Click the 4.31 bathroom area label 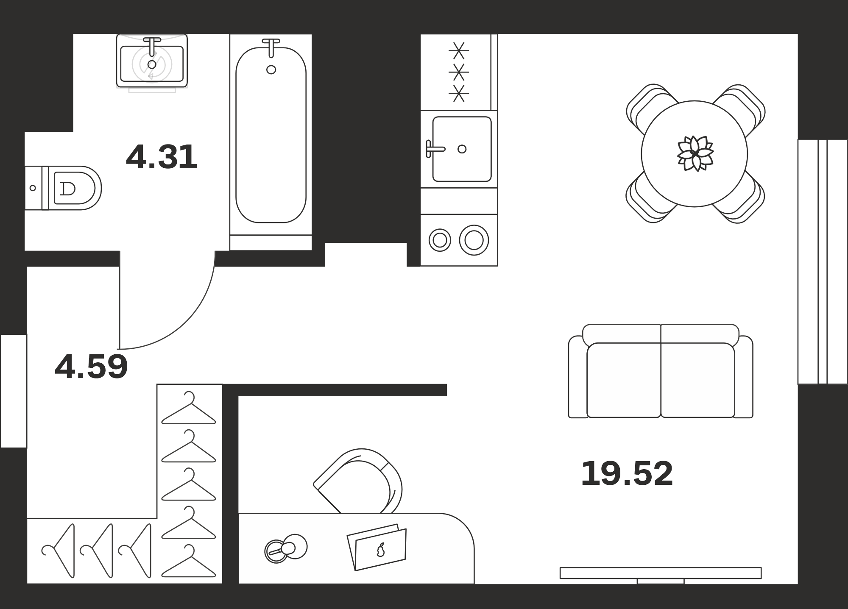pyautogui.click(x=162, y=157)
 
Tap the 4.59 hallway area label pyautogui.click(x=91, y=367)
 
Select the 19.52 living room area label pyautogui.click(x=627, y=473)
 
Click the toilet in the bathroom pyautogui.click(x=63, y=188)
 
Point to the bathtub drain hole pyautogui.click(x=271, y=70)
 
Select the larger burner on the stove pyautogui.click(x=474, y=240)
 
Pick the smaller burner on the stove pyautogui.click(x=440, y=240)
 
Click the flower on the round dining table pyautogui.click(x=695, y=153)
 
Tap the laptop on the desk pyautogui.click(x=377, y=548)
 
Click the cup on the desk pyautogui.click(x=286, y=548)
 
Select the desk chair pyautogui.click(x=358, y=481)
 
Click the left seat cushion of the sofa pyautogui.click(x=624, y=380)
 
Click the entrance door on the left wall pyautogui.click(x=14, y=391)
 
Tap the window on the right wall pyautogui.click(x=823, y=261)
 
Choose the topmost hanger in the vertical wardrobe pyautogui.click(x=189, y=408)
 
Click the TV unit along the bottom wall pyautogui.click(x=660, y=573)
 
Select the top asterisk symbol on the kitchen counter pyautogui.click(x=459, y=51)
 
